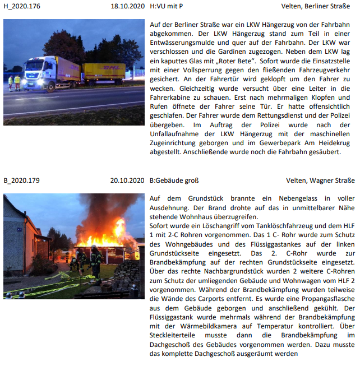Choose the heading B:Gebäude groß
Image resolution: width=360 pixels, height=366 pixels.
pyautogui.click(x=174, y=181)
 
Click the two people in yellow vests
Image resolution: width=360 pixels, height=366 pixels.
pyautogui.click(x=14, y=82)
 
